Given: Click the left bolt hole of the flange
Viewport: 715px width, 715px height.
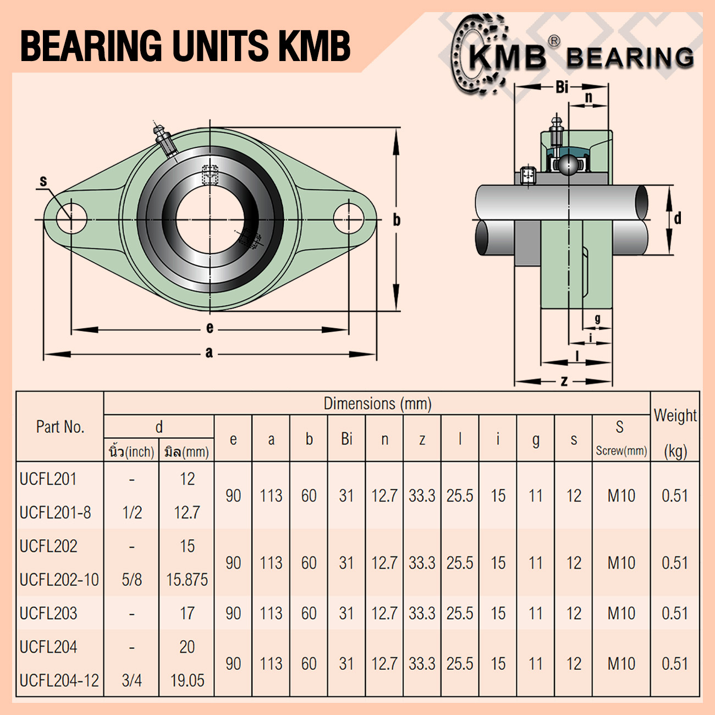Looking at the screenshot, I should point(71,218).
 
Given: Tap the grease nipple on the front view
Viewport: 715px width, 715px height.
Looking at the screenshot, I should point(164,139).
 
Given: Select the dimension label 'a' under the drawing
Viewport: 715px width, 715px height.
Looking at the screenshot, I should point(209,353).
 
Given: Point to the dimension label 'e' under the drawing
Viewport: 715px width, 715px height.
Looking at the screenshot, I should point(210,328).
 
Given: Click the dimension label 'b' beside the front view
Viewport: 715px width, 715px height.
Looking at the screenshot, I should point(397,220).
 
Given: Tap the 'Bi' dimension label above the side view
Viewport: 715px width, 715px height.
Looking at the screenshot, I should point(562,87).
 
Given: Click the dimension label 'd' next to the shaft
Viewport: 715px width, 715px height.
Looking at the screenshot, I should point(678,218).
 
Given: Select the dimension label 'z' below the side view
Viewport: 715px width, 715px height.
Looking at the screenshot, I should point(564,381).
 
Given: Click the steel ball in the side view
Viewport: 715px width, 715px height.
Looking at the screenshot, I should point(566,164).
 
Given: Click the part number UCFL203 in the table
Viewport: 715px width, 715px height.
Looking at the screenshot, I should point(48,613).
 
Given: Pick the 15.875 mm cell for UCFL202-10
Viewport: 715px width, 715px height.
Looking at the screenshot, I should point(187,580).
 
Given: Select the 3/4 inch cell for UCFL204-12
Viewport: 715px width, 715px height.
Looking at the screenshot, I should point(131,680).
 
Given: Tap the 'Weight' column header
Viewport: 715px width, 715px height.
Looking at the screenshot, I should point(675,416).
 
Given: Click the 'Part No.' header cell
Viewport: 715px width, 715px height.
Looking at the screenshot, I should point(60,427).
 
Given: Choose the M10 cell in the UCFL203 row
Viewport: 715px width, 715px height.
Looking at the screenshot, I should point(621,613).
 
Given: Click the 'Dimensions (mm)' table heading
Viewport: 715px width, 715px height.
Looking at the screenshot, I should point(377,404).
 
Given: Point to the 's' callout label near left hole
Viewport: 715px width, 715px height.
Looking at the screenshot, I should point(43,181).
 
